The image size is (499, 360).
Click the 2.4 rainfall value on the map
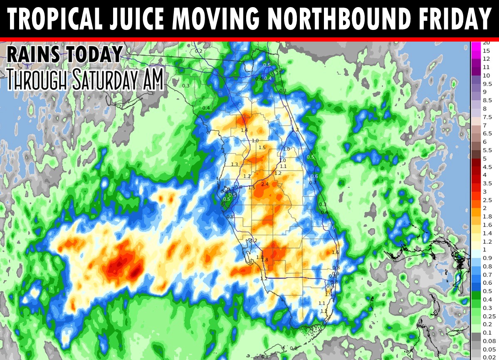265,184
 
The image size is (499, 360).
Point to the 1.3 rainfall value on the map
235,164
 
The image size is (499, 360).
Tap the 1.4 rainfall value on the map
244,130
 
